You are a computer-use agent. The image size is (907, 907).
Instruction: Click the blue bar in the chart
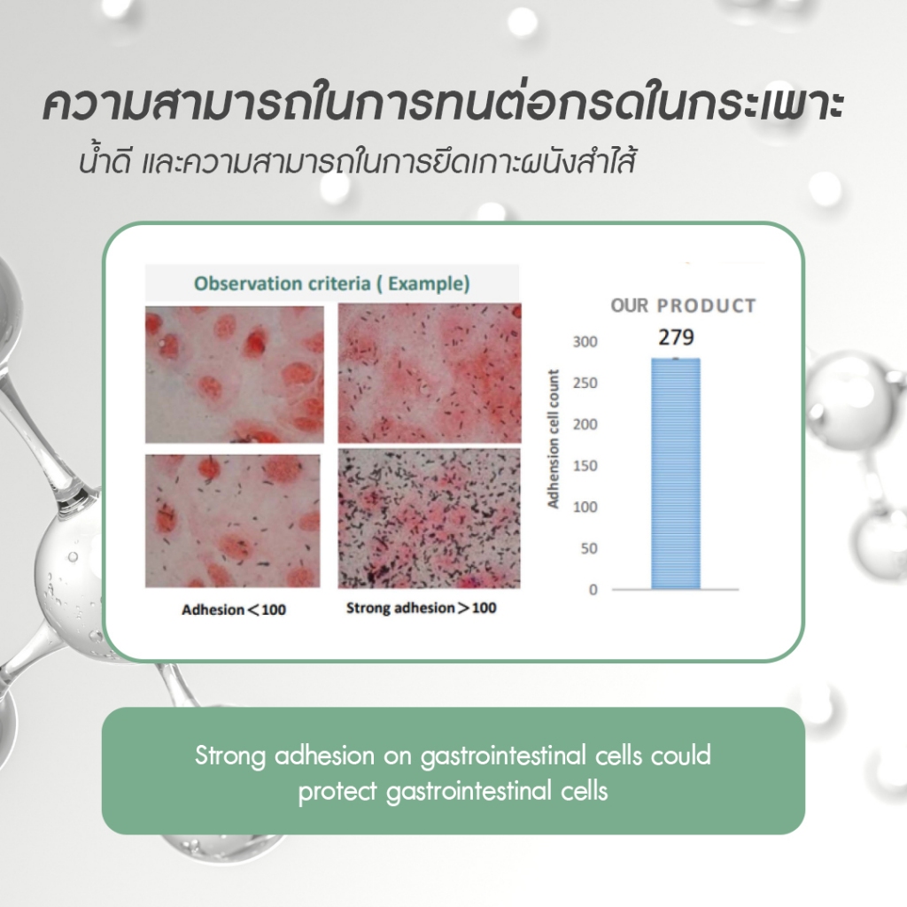pyautogui.click(x=676, y=474)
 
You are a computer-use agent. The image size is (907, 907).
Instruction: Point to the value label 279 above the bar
pyautogui.click(x=676, y=337)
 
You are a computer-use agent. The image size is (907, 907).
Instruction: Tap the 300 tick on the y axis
pyautogui.click(x=585, y=342)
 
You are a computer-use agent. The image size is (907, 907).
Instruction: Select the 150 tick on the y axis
pyautogui.click(x=585, y=466)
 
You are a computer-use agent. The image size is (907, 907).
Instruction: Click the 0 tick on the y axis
pyautogui.click(x=593, y=589)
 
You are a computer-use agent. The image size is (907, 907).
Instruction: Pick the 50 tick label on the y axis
pyautogui.click(x=589, y=548)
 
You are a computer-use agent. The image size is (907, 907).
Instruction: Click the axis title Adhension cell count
pyautogui.click(x=553, y=439)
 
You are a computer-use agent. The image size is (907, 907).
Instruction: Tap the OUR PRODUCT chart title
pyautogui.click(x=683, y=306)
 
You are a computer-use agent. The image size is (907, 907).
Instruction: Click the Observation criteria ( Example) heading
pyautogui.click(x=331, y=283)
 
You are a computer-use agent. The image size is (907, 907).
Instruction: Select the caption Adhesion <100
pyautogui.click(x=234, y=609)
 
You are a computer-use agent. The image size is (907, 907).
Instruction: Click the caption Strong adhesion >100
pyautogui.click(x=421, y=608)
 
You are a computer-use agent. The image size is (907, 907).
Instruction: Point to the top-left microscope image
pyautogui.click(x=234, y=375)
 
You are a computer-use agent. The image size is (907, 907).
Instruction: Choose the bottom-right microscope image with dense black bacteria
pyautogui.click(x=430, y=518)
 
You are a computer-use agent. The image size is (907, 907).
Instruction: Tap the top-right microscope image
pyautogui.click(x=430, y=373)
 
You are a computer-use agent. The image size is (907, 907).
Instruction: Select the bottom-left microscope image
pyautogui.click(x=233, y=521)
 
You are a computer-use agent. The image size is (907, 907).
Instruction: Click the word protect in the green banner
pyautogui.click(x=337, y=791)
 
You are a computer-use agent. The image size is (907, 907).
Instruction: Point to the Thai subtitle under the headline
pyautogui.click(x=358, y=161)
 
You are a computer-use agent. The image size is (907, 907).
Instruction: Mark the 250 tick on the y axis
pyautogui.click(x=585, y=383)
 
